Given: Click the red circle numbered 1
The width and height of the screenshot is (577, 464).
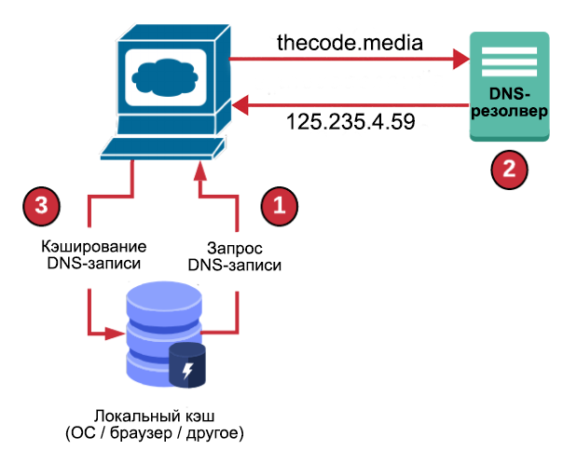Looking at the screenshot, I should [279, 204].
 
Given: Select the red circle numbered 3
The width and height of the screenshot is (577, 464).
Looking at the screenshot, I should [41, 204].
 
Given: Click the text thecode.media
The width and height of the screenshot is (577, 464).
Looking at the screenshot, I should [350, 42].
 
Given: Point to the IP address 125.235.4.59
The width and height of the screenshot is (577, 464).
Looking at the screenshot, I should [350, 123].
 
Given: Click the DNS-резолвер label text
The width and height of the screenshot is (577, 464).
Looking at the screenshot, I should [509, 102].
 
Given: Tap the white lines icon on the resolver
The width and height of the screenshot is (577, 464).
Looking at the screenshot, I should [509, 63].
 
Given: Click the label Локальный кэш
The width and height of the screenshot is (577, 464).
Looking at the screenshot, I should [155, 416].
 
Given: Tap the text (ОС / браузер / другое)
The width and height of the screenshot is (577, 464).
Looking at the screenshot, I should [155, 433].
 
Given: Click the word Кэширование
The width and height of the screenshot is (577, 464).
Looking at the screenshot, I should [93, 247].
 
